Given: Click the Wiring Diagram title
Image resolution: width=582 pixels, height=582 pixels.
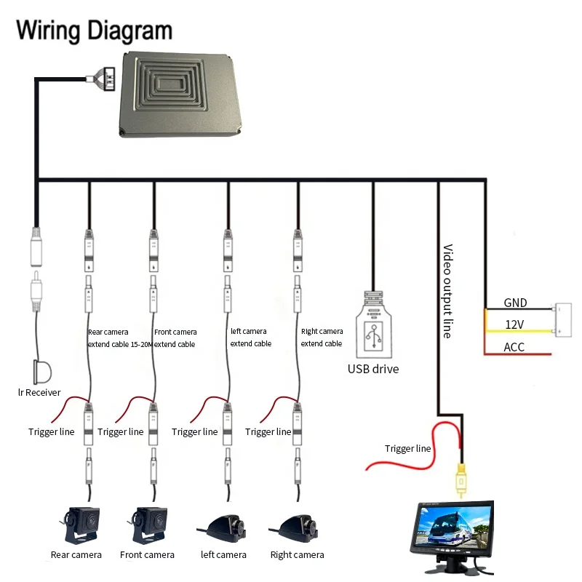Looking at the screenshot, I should pyautogui.click(x=95, y=30).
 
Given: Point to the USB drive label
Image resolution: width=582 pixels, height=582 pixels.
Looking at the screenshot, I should pyautogui.click(x=373, y=369).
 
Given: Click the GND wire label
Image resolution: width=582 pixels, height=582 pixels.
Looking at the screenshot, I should pyautogui.click(x=516, y=303).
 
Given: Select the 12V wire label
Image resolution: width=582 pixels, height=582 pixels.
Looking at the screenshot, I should pyautogui.click(x=514, y=324).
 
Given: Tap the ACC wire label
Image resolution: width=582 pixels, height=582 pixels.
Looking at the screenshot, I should pyautogui.click(x=514, y=347).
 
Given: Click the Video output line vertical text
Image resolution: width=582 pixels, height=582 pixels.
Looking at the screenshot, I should pyautogui.click(x=447, y=291).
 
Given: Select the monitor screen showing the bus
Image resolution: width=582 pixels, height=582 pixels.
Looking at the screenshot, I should pyautogui.click(x=453, y=527).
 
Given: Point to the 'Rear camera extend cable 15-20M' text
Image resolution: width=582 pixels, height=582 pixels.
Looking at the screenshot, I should pyautogui.click(x=119, y=338).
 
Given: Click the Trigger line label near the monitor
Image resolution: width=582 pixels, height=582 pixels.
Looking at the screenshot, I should pyautogui.click(x=408, y=449).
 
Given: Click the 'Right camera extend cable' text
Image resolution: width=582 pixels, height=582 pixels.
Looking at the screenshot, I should pyautogui.click(x=322, y=338).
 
